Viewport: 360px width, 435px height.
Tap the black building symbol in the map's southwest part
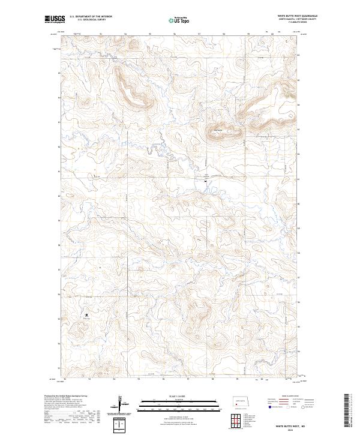[87, 313]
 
